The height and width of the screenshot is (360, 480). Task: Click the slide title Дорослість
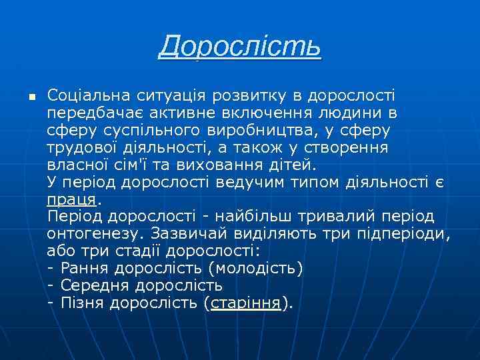click(x=240, y=47)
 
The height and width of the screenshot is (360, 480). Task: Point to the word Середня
click(x=94, y=285)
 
